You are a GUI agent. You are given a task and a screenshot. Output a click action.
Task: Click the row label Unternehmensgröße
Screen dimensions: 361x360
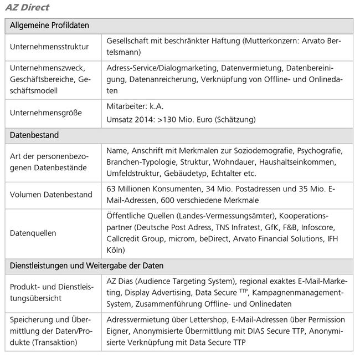click(46, 113)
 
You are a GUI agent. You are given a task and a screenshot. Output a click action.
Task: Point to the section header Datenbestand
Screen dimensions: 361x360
click(34, 135)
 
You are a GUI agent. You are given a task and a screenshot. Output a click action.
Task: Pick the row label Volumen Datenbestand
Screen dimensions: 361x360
click(52, 194)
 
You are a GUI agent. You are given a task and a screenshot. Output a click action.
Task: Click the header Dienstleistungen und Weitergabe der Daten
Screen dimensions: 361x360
click(86, 266)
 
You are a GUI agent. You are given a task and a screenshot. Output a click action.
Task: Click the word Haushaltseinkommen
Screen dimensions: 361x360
click(301, 161)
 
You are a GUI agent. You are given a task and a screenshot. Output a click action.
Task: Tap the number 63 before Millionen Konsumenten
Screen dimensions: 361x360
click(111, 189)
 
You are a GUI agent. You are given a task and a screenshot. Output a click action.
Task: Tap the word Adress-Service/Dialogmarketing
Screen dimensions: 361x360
click(161, 68)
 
